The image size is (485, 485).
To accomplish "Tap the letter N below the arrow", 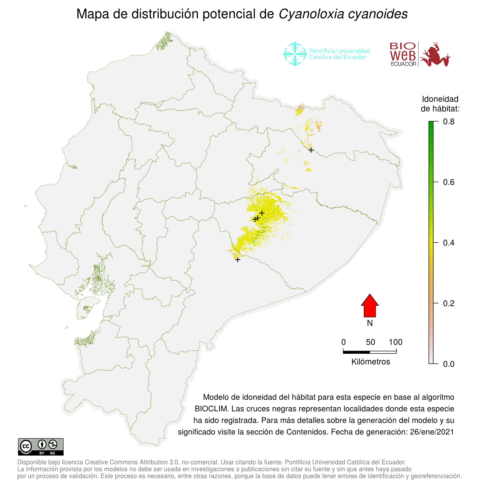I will tap(369, 323).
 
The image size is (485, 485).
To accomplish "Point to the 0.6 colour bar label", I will tap(448, 182).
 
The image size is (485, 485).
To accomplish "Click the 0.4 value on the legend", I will tap(448, 243).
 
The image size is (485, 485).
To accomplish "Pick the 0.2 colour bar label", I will tap(448, 303).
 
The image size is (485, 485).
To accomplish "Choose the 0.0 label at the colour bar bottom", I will tap(448, 364).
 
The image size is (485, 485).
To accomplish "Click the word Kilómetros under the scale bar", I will tap(371, 362).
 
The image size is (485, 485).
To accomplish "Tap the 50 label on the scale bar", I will tap(370, 342).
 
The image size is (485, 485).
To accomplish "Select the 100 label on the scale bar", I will tap(395, 342).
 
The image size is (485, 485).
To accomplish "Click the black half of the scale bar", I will tap(356, 352).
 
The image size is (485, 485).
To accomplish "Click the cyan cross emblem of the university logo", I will tap(295, 54).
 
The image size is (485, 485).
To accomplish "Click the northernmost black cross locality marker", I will tap(311, 150).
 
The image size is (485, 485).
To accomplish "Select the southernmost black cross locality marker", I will tap(238, 260).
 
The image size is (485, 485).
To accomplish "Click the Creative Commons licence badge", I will tap(41, 447).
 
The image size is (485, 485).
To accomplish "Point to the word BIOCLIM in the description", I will tap(211, 409).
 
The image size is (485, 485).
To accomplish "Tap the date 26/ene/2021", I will tap(432, 432).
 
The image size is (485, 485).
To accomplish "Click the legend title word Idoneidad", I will tap(440, 99).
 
